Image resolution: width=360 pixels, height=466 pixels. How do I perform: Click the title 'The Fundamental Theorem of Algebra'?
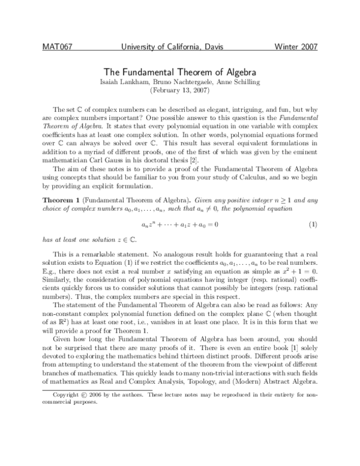[180, 71]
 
